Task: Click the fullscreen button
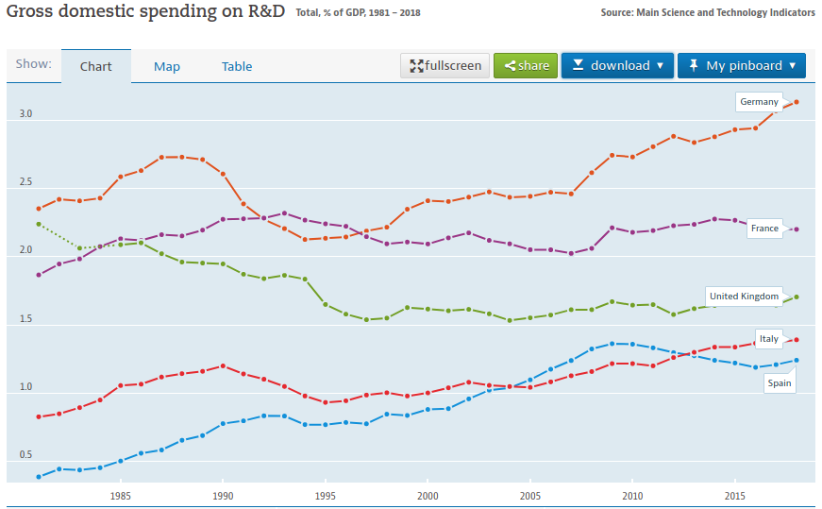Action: [445, 65]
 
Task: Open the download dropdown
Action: [617, 65]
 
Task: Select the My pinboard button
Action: [741, 65]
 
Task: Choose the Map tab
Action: [167, 67]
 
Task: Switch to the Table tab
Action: [237, 67]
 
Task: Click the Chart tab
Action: [96, 67]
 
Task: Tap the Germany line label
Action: [759, 102]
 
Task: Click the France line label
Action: [764, 229]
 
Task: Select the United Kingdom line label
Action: [744, 297]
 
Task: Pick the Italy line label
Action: [768, 339]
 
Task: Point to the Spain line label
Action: [779, 383]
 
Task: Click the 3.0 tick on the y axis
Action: [25, 114]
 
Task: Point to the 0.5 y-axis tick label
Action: [25, 455]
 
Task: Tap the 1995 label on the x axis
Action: [325, 496]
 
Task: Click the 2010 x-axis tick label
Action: [632, 496]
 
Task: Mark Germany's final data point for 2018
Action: [797, 102]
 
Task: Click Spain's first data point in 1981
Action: [39, 477]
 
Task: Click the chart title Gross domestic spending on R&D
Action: [145, 11]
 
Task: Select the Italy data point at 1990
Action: [223, 365]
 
